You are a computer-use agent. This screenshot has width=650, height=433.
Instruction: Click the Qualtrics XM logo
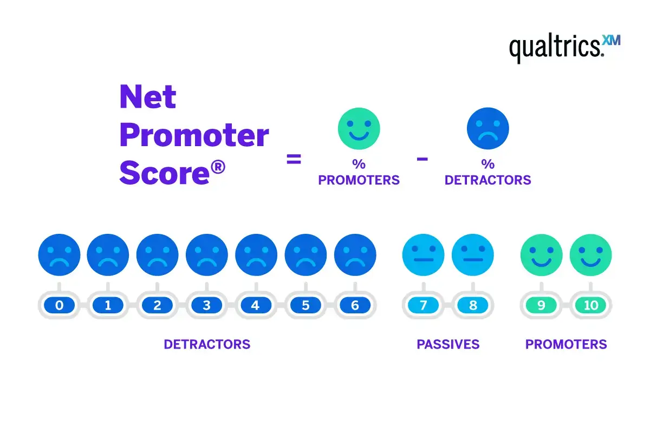(x=564, y=48)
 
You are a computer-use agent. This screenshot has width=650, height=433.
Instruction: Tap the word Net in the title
(x=148, y=97)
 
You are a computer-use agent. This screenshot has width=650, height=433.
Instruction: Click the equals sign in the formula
(x=294, y=160)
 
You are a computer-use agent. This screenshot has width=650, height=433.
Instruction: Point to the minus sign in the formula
(x=422, y=159)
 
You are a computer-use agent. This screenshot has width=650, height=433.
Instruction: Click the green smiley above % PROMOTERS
(x=359, y=128)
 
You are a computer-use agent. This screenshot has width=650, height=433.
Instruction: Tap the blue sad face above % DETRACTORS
(x=487, y=128)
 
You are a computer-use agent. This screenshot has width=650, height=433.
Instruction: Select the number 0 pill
(x=59, y=306)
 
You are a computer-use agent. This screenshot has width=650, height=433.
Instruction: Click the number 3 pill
(x=207, y=306)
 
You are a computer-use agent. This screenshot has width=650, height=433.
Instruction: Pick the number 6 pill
(x=355, y=306)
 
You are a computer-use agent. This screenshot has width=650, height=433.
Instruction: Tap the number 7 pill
(x=423, y=306)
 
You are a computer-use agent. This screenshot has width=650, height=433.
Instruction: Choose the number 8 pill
(x=473, y=306)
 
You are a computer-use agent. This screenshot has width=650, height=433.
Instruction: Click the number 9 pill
(x=541, y=306)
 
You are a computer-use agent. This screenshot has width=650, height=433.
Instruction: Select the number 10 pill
(x=591, y=306)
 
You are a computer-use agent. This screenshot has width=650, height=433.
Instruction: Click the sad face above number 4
(x=256, y=255)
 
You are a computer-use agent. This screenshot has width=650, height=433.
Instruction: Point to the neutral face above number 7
(x=423, y=255)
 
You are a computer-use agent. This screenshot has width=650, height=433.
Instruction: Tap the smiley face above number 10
(x=591, y=255)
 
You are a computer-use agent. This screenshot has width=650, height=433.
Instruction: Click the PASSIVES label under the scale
(x=448, y=344)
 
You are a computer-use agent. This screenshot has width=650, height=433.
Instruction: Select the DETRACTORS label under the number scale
(x=207, y=344)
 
